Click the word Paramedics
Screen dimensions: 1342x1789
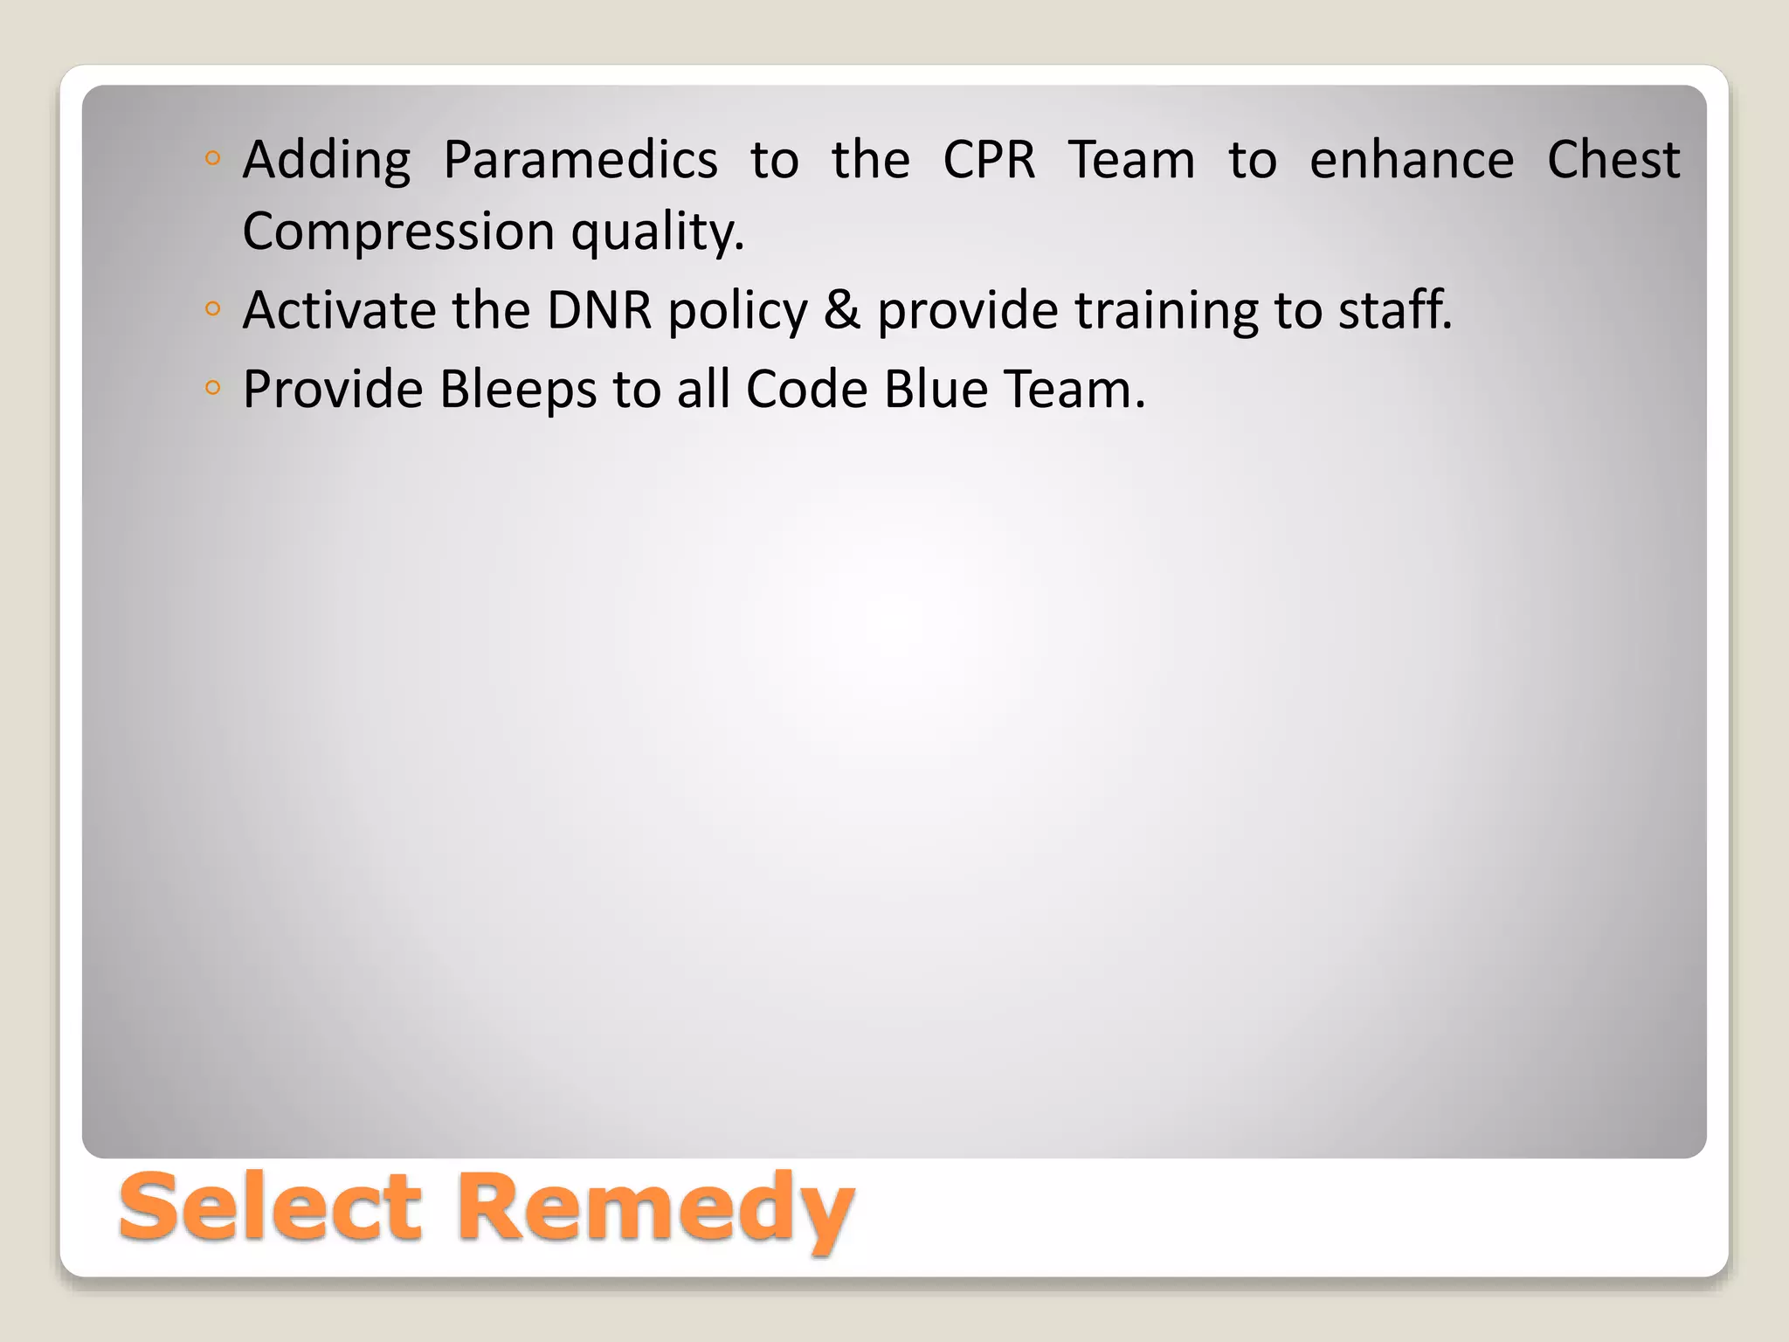(580, 160)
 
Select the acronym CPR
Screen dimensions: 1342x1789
(989, 160)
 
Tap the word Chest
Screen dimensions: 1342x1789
(1613, 160)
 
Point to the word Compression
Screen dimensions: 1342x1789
(398, 232)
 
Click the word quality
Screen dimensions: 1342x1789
(657, 232)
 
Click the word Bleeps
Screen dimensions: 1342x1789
(518, 390)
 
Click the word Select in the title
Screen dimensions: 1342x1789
(271, 1207)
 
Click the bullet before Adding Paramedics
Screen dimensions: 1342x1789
(212, 159)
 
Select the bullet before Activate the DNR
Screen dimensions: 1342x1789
(212, 308)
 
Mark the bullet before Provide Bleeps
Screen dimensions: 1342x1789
(212, 387)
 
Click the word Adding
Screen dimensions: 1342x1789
(326, 162)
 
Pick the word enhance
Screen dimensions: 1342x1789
(1412, 160)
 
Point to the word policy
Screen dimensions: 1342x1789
(738, 311)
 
